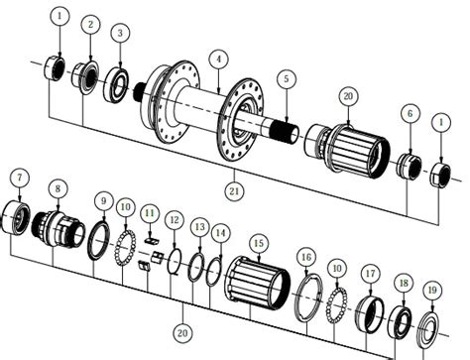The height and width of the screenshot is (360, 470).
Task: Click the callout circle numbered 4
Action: (218, 60)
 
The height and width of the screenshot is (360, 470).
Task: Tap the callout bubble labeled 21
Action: (234, 191)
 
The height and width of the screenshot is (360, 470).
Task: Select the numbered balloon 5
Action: (287, 79)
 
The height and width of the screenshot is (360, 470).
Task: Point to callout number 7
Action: (20, 178)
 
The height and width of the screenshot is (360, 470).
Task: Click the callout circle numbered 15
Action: (259, 244)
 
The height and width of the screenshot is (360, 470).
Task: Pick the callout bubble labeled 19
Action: (432, 291)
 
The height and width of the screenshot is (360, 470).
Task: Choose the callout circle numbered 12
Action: (175, 220)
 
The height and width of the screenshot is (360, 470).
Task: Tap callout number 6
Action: (411, 114)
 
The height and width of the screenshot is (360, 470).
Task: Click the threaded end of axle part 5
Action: (284, 131)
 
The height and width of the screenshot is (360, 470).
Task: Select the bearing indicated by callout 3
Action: (116, 84)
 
